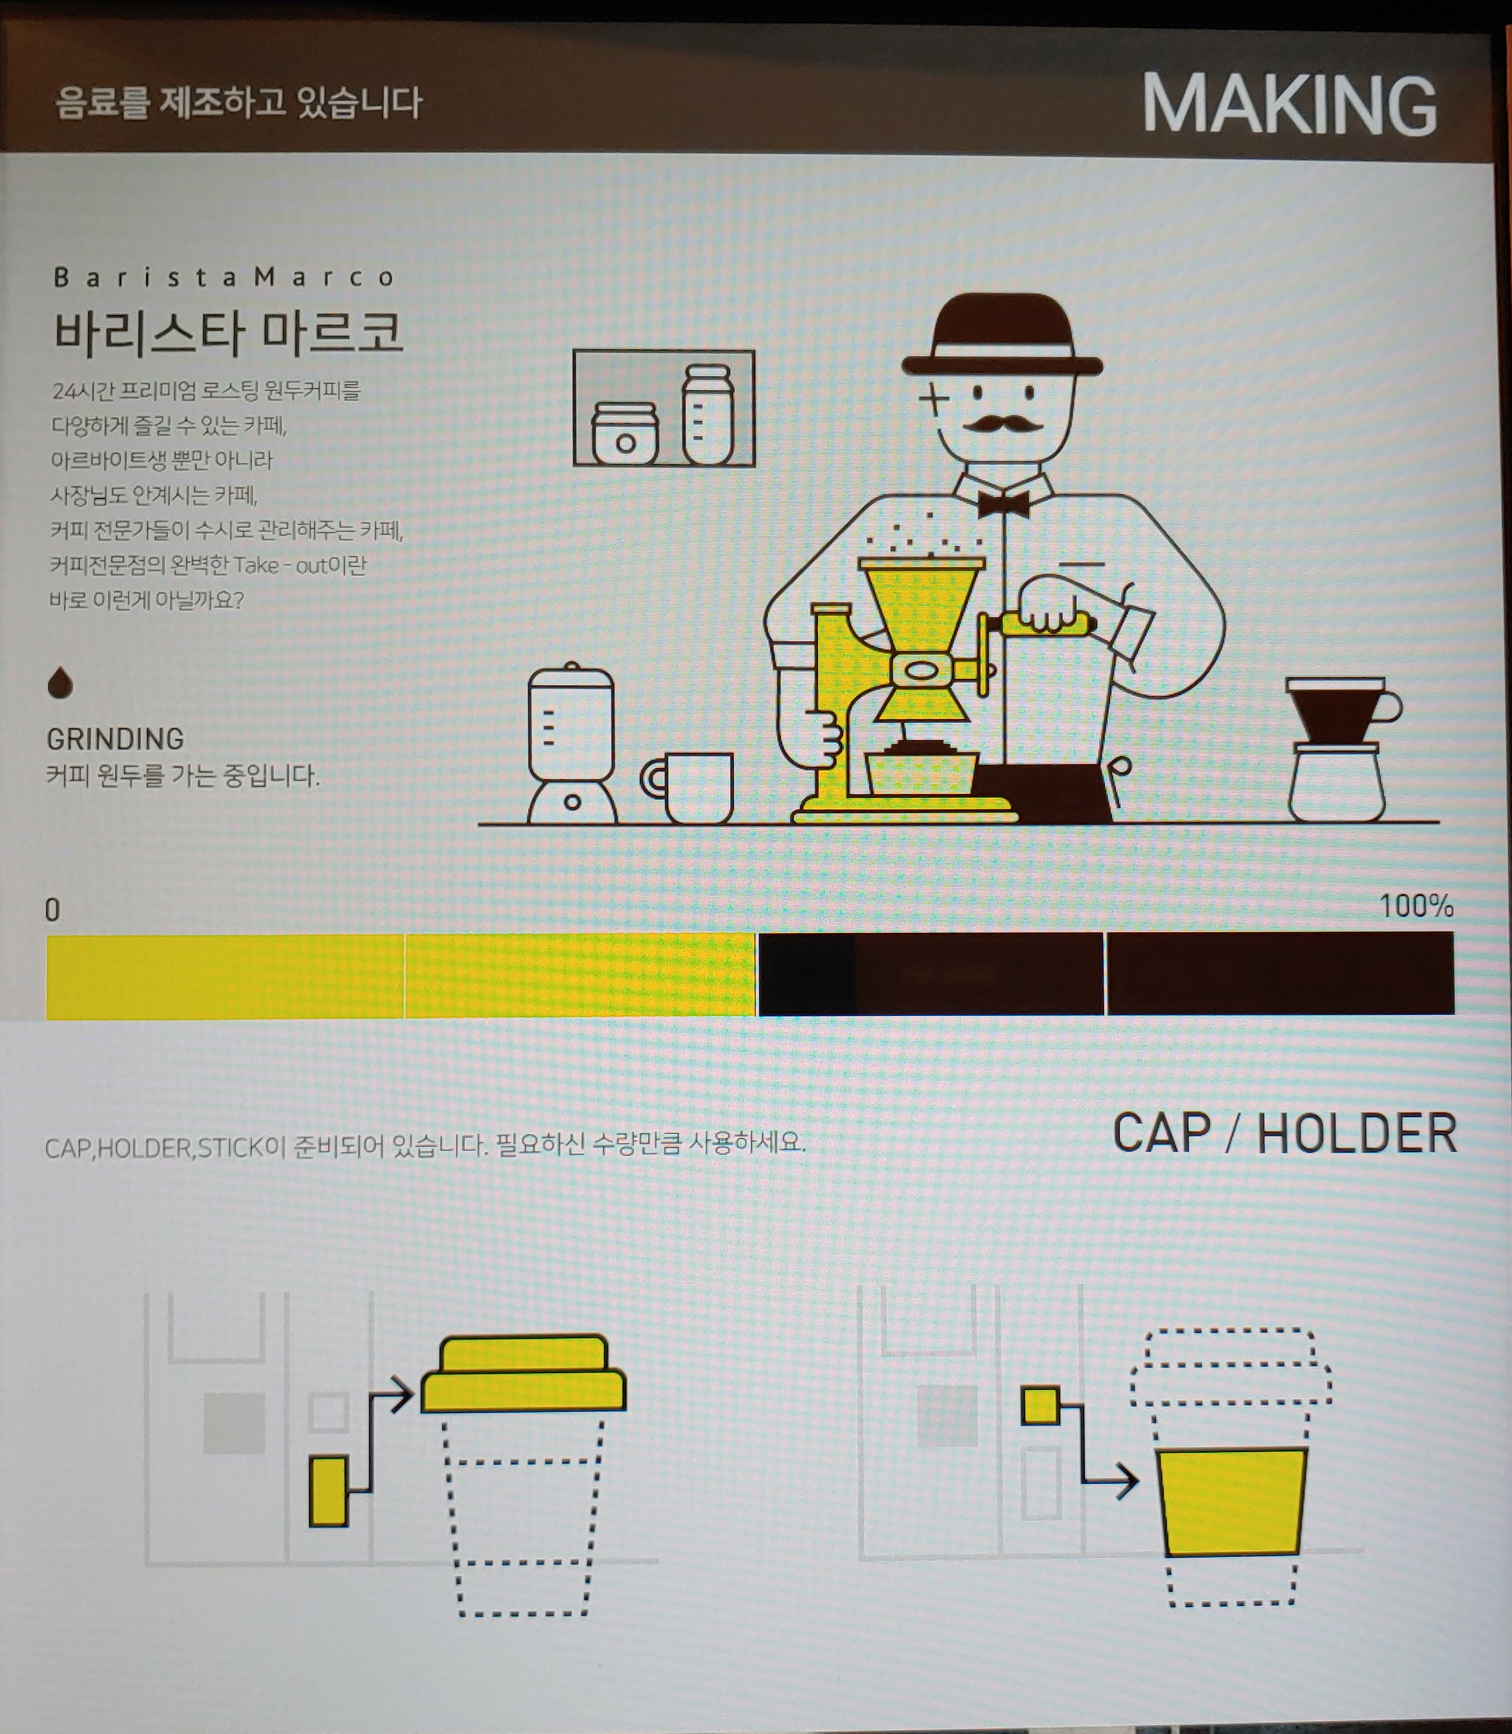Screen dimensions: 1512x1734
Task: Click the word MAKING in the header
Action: tap(1288, 105)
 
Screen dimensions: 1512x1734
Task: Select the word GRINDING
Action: tap(115, 739)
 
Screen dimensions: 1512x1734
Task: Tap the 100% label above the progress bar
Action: tap(1416, 906)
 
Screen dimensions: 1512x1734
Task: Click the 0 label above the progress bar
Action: tap(52, 910)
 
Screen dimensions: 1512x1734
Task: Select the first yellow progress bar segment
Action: tap(226, 976)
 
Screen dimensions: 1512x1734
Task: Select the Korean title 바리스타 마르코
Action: tap(229, 332)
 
